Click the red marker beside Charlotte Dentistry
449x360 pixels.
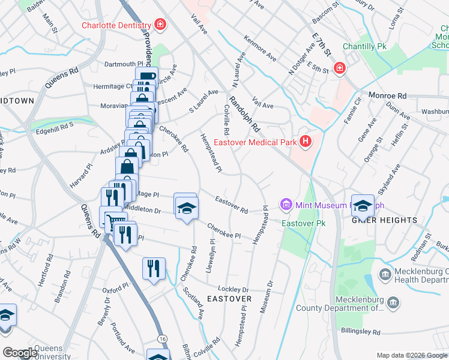(x=160, y=25)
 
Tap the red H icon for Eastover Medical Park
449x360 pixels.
(x=306, y=142)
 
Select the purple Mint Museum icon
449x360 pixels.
(x=286, y=205)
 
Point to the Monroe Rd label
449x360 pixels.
(x=387, y=95)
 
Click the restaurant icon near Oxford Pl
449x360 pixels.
(x=154, y=267)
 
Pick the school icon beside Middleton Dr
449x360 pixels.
(x=186, y=208)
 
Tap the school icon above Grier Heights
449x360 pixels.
(x=363, y=206)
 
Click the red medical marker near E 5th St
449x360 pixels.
(x=339, y=68)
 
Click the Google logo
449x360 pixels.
(x=20, y=352)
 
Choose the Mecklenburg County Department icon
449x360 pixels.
(x=393, y=301)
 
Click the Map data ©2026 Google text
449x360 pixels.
(x=411, y=355)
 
